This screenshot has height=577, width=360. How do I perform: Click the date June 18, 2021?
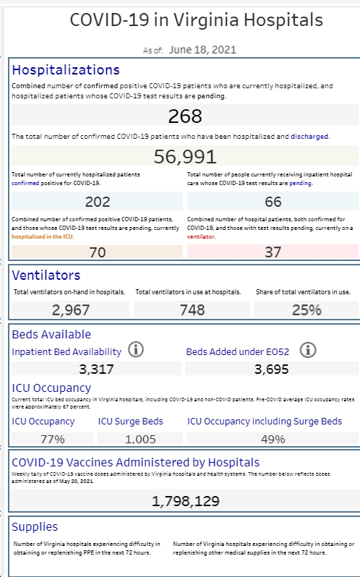[202, 50]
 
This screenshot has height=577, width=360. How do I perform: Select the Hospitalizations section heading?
[66, 70]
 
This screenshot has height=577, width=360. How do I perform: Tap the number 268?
[185, 116]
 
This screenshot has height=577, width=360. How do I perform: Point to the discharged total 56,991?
[185, 156]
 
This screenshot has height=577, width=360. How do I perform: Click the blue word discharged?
[309, 137]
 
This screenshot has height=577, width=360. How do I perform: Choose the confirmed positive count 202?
[98, 202]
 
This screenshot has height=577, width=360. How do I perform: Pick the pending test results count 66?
[273, 202]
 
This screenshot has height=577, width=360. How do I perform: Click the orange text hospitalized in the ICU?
[42, 236]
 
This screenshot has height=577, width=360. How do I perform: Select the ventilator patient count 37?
[273, 252]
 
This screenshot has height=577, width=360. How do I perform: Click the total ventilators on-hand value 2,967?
[71, 310]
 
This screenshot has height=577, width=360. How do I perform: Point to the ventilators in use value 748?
[192, 310]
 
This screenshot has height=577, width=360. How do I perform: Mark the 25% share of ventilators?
[307, 310]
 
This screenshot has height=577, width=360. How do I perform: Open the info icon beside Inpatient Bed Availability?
[136, 349]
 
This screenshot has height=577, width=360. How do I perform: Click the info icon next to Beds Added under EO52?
[308, 350]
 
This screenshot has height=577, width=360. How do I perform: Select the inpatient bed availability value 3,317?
[96, 369]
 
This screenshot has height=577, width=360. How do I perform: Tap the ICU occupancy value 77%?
[53, 439]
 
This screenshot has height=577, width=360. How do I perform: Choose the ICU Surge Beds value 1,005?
[140, 439]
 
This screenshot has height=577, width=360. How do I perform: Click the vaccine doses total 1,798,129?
[185, 501]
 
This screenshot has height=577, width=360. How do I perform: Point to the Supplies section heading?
[35, 527]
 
